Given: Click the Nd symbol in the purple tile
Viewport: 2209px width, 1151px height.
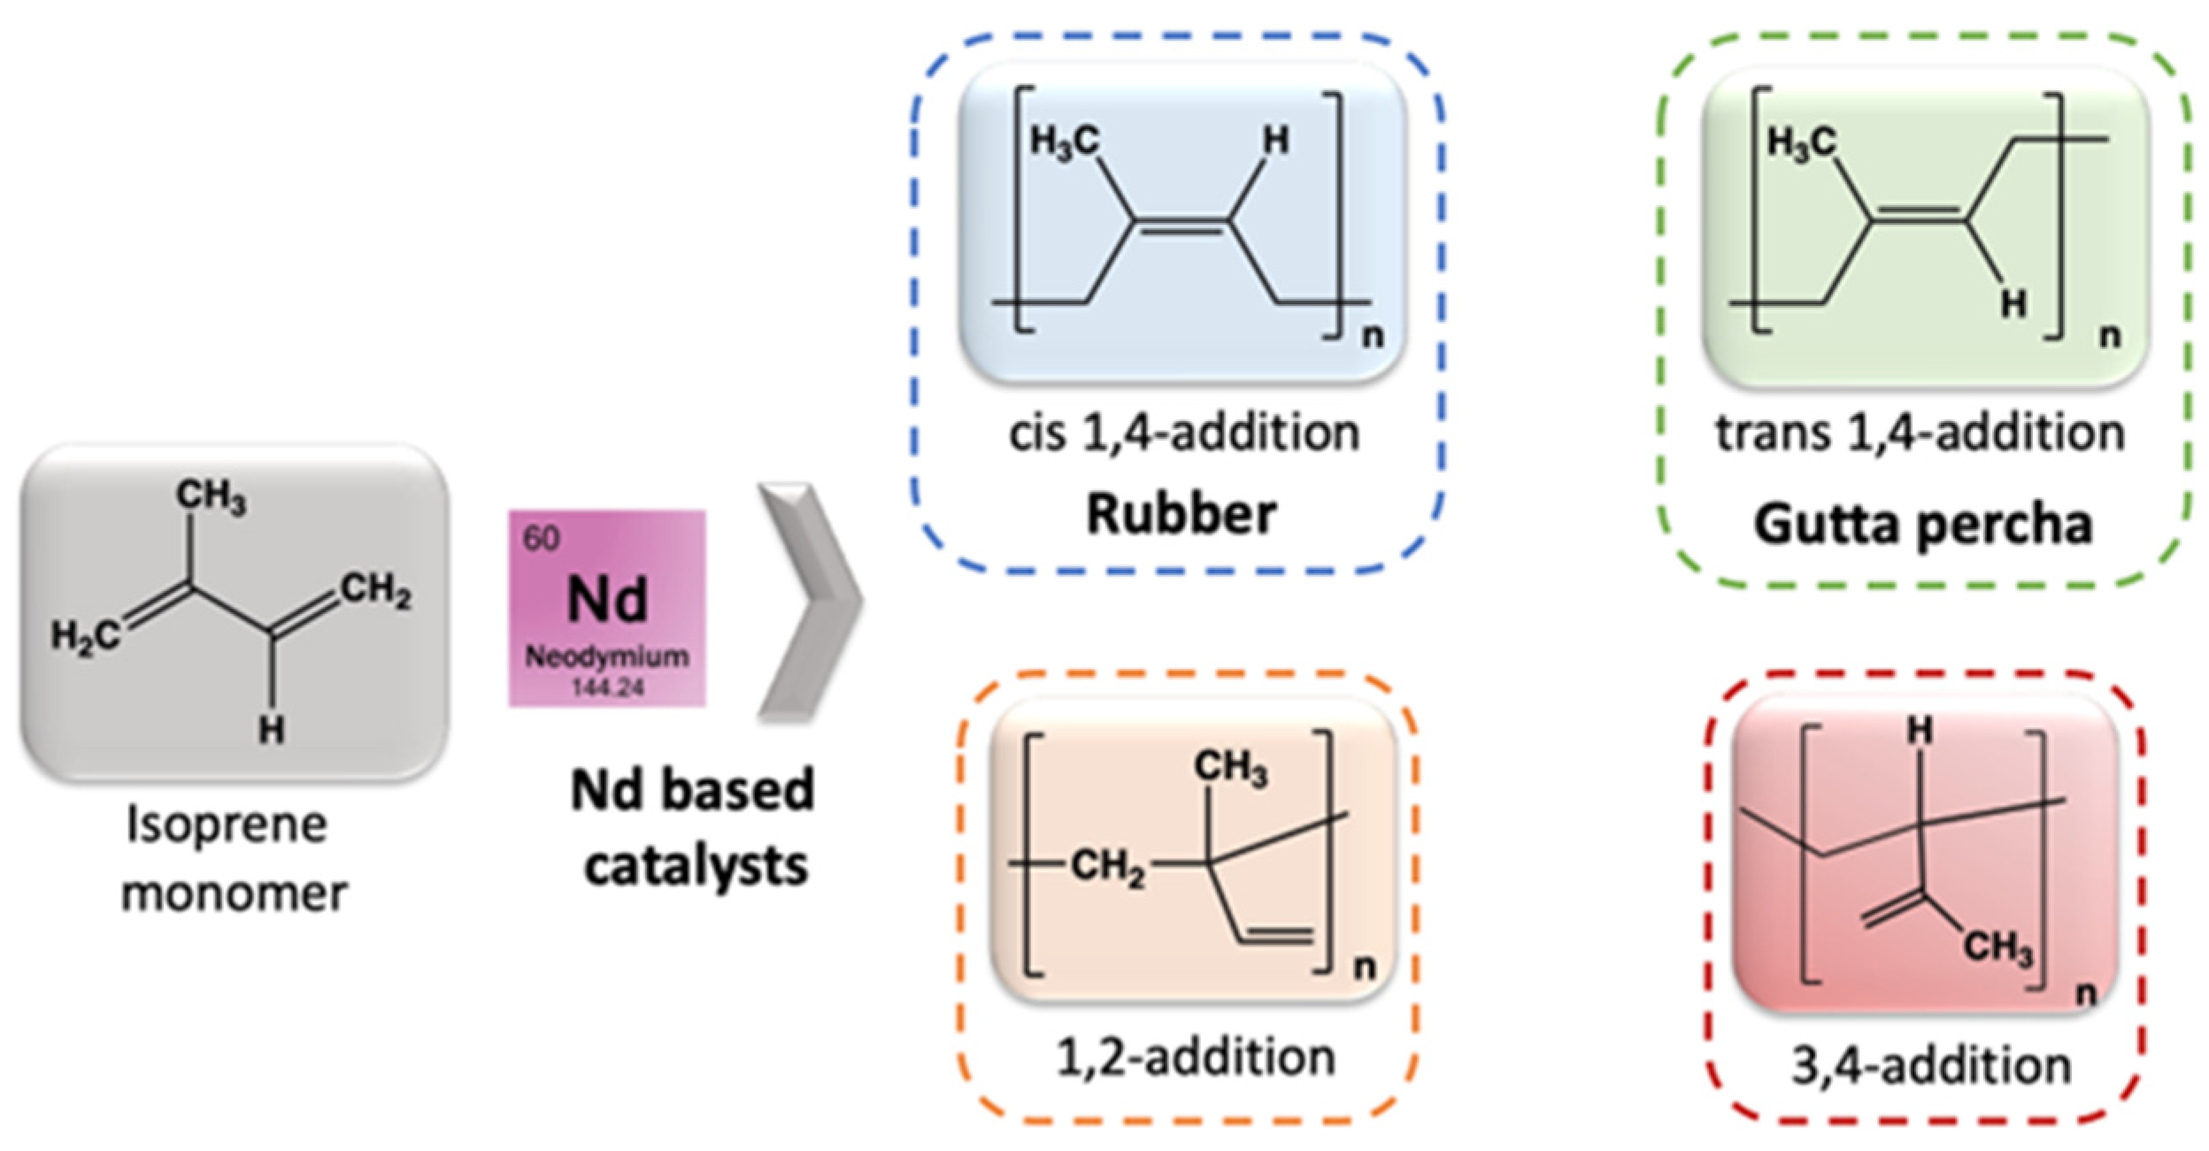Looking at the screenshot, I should tap(607, 599).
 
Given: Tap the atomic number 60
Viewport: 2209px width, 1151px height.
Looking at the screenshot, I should tap(541, 538).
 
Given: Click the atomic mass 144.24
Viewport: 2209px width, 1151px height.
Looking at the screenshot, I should tap(607, 687).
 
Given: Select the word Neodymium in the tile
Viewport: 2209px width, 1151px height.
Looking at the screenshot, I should tap(607, 656).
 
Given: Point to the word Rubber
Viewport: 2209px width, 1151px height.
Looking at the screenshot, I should tap(1181, 514).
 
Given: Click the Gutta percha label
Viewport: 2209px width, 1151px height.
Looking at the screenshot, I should tap(1922, 524).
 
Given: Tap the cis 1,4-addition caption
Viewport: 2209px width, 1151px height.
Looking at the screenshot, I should tap(1184, 434).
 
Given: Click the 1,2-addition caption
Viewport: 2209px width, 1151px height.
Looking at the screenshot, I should tap(1196, 1057).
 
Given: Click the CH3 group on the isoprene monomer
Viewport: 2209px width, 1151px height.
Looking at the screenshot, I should tap(211, 495).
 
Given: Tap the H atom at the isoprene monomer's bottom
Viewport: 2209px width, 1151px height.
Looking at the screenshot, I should tap(272, 730).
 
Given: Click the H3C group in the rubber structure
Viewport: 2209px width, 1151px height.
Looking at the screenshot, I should tap(1065, 142).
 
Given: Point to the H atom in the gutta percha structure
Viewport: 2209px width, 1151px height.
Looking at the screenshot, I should tap(2013, 304).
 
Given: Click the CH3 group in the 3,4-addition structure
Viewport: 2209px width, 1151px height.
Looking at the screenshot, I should tap(1998, 948).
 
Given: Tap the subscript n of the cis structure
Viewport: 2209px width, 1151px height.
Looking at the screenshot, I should tap(1373, 335).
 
